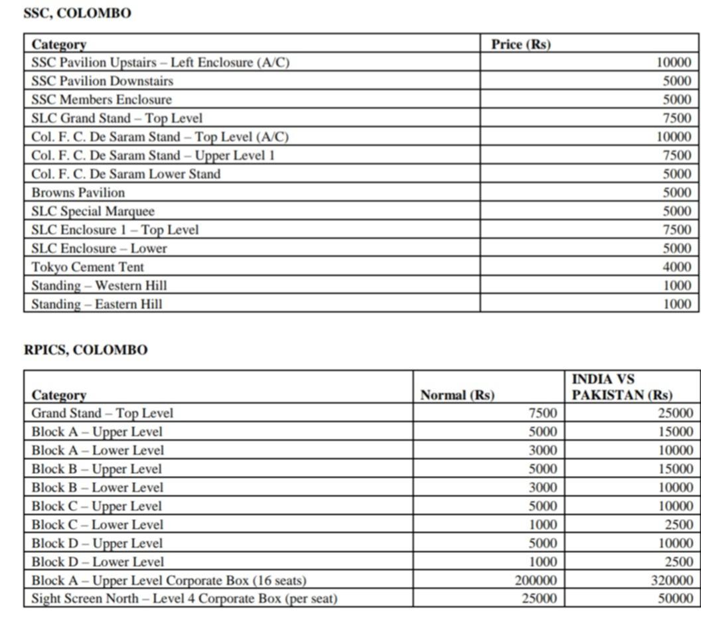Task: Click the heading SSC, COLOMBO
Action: [x=77, y=13]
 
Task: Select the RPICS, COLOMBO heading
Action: [x=86, y=350]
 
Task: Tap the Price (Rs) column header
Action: [x=520, y=44]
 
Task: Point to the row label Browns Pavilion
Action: [x=78, y=193]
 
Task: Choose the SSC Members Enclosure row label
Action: [x=101, y=100]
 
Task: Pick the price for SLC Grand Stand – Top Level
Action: [x=677, y=118]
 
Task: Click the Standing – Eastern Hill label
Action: [x=96, y=304]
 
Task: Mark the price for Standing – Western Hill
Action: [x=677, y=285]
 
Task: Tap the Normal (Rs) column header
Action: [x=457, y=395]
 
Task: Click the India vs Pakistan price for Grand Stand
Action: [x=676, y=413]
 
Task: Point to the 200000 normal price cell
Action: [x=536, y=580]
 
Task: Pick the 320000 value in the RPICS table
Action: [x=671, y=580]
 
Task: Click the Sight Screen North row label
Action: [x=184, y=599]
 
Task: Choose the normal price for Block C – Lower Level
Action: [x=543, y=524]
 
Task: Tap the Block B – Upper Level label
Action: [x=96, y=469]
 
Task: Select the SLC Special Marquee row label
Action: [x=92, y=211]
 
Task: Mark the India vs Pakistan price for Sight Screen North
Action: [x=676, y=599]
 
